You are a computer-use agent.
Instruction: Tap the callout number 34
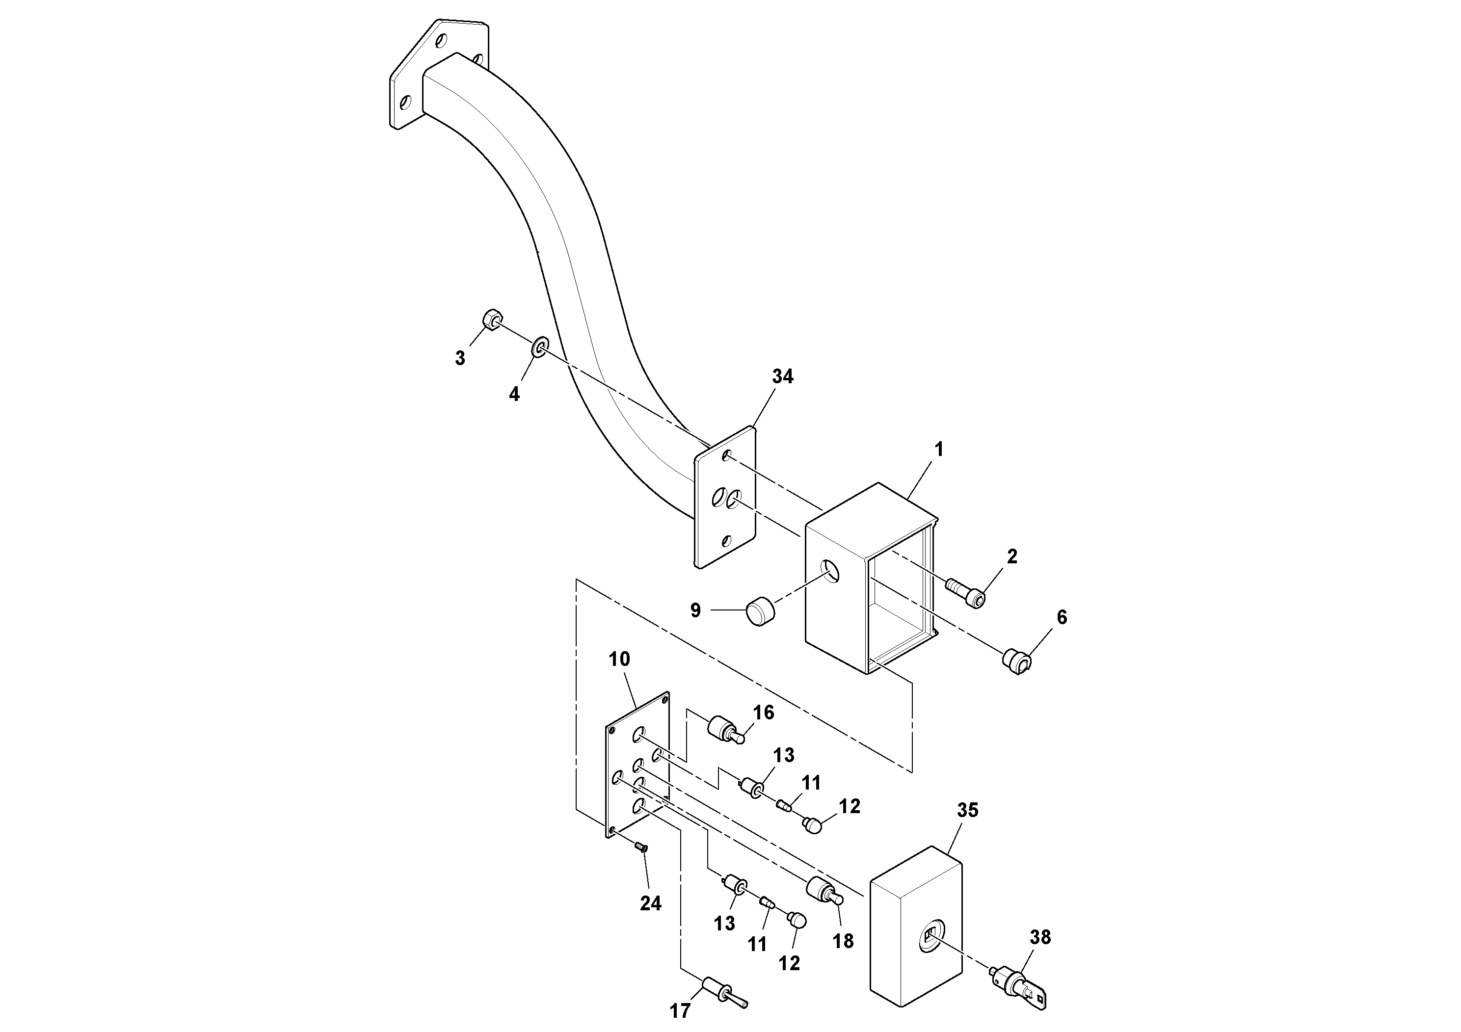point(782,377)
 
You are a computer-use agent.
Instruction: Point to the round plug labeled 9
point(761,611)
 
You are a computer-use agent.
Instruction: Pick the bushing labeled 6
point(1017,660)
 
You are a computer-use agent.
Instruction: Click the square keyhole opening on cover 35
point(930,936)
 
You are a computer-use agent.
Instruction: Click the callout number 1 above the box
point(938,450)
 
